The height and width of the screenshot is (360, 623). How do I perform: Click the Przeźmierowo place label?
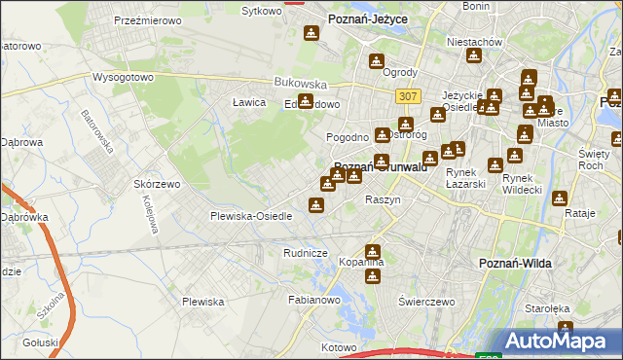[x=142, y=19]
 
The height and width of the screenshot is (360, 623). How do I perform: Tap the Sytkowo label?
[x=261, y=11]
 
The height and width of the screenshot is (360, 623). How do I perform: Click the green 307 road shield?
[x=408, y=95]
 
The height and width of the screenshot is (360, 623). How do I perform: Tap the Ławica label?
[x=249, y=102]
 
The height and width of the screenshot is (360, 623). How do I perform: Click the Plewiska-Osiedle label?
[x=251, y=216]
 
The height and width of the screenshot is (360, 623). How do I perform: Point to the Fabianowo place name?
[x=312, y=301]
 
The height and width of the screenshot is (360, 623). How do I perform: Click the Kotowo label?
[x=340, y=346]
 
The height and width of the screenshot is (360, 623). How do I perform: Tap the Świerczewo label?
[x=426, y=302]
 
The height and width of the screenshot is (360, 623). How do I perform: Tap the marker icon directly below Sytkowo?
[x=311, y=34]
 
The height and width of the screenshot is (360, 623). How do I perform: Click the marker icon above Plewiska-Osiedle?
[x=315, y=204]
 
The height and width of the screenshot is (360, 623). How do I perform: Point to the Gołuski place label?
[x=41, y=342]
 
